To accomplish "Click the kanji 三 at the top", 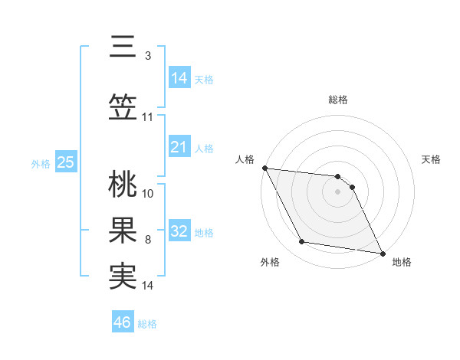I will point(123,48).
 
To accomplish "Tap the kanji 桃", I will point(123,185).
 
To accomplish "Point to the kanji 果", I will point(123,232).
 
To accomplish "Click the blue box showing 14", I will point(179,77).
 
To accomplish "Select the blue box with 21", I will point(179,147).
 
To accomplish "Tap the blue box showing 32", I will point(179,232).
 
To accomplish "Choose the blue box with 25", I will point(65,162).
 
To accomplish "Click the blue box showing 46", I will point(123,322).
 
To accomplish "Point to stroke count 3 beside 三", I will point(147,55).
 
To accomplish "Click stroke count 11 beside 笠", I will point(147,117).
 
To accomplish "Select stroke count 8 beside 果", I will point(147,240).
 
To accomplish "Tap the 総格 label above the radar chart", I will point(338,100).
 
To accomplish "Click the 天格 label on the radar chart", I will point(432,159).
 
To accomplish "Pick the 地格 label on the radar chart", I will point(402,262).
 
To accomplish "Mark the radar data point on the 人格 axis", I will point(264,168).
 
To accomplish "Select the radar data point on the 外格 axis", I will point(302,242).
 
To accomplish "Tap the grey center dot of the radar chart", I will point(338,191).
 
